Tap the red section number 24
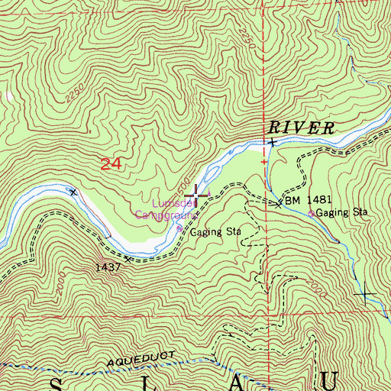point(111,163)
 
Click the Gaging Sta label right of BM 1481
point(343,213)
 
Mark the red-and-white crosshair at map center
point(196,195)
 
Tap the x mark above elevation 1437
point(128,259)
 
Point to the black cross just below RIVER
point(271,142)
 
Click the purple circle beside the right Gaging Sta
point(311,214)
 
